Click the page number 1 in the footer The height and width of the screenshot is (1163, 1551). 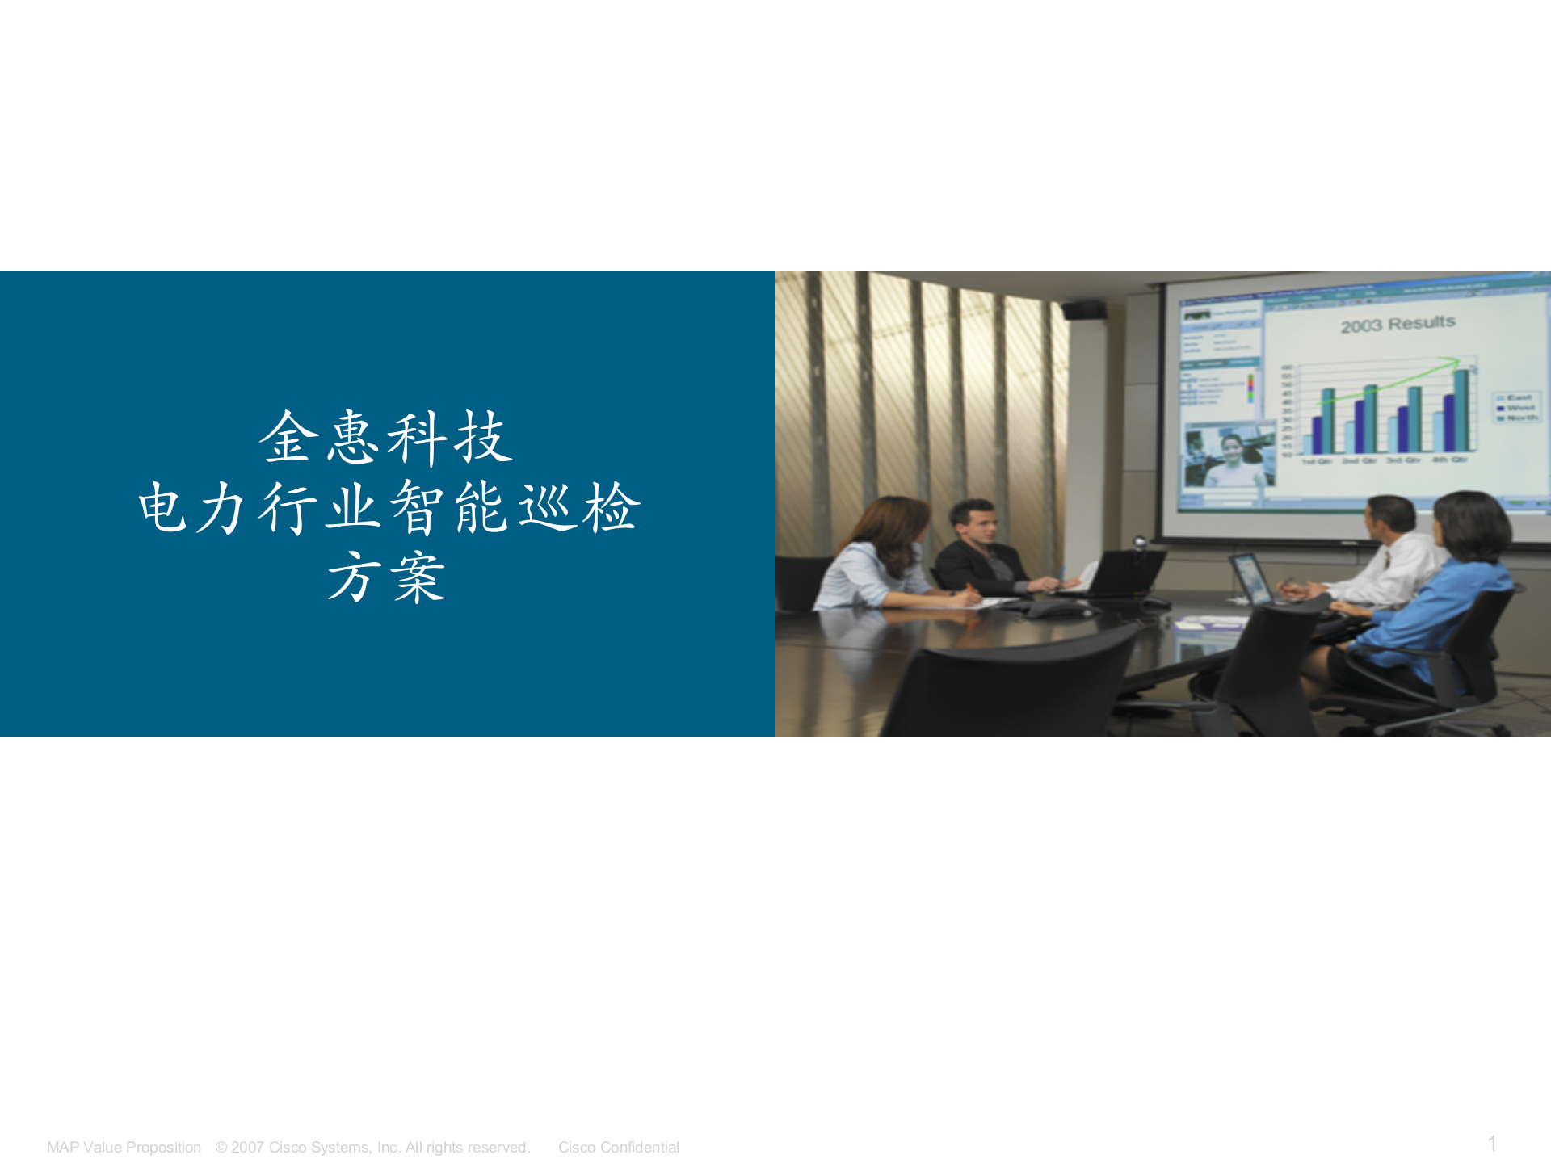pos(1492,1144)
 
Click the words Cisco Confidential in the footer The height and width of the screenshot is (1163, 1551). pos(618,1148)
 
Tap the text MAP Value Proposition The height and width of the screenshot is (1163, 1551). pos(124,1148)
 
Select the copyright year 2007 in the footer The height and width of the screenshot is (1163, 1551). pos(247,1148)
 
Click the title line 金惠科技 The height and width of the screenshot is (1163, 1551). pos(386,438)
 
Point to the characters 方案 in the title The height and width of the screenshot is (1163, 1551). pos(386,578)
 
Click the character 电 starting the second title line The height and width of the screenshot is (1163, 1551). pos(163,508)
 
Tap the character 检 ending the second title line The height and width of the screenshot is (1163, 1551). pos(612,508)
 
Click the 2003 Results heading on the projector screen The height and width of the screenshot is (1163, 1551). pos(1398,325)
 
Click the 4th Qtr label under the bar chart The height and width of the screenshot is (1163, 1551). pos(1450,460)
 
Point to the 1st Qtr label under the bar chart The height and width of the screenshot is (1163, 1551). pos(1317,462)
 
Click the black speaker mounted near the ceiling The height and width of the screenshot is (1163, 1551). pos(1084,310)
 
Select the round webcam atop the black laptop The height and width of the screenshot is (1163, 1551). pos(1140,542)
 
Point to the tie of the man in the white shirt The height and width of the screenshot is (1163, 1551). pos(1386,559)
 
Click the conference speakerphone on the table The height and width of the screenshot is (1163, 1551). pos(1053,608)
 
